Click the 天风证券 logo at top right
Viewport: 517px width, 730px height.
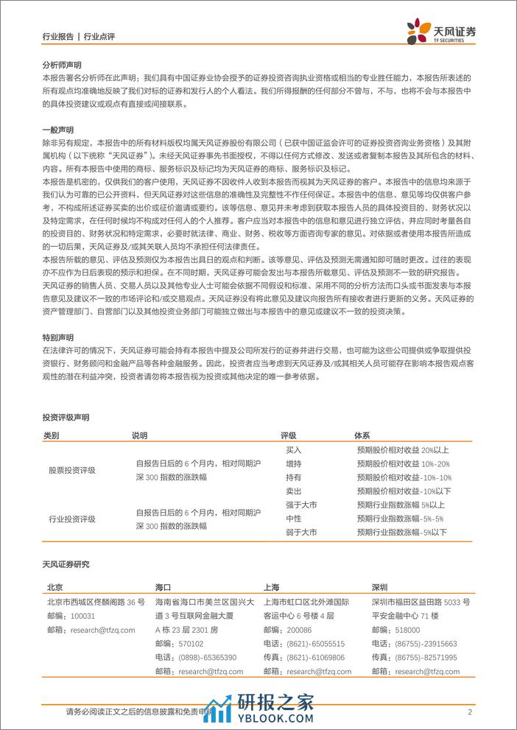(x=442, y=31)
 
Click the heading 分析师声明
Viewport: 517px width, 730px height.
(x=63, y=65)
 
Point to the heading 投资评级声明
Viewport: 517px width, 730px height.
(x=66, y=417)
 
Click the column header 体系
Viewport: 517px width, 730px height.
(x=362, y=435)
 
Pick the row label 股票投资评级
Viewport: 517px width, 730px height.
(x=71, y=470)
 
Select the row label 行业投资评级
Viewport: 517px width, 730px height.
(x=71, y=519)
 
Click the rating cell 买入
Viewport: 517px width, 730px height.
(x=294, y=449)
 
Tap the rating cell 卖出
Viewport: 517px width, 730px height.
(x=294, y=491)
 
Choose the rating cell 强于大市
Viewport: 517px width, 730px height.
(x=300, y=505)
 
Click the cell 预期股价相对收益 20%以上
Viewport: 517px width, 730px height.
(x=402, y=449)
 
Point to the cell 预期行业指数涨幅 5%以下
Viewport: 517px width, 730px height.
(x=401, y=532)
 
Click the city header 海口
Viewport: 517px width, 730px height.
(x=163, y=588)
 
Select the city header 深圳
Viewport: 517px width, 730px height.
(x=380, y=588)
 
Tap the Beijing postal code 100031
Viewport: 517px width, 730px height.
(x=85, y=616)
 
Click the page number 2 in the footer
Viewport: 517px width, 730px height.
(x=470, y=712)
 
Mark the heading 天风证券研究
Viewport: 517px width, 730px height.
(x=66, y=564)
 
